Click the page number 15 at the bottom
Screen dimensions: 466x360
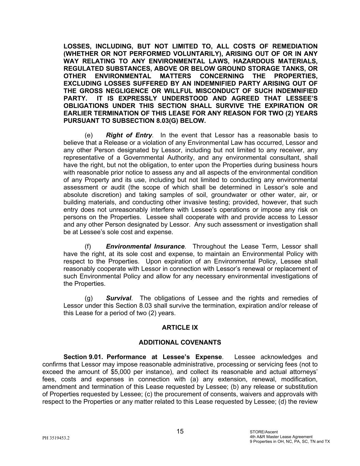tap(180, 432)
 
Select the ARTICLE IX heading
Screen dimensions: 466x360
tap(180, 327)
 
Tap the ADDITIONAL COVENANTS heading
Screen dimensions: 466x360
tap(180, 342)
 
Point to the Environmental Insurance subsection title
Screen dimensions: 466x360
tap(145, 246)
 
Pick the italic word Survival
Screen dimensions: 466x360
tap(118, 298)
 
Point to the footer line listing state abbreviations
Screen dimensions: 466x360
tap(290, 441)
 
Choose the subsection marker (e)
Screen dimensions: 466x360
tap(88, 135)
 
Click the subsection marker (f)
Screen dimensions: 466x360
tap(88, 246)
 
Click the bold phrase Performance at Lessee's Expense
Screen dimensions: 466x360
tap(164, 357)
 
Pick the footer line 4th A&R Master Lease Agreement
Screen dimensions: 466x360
tap(281, 437)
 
